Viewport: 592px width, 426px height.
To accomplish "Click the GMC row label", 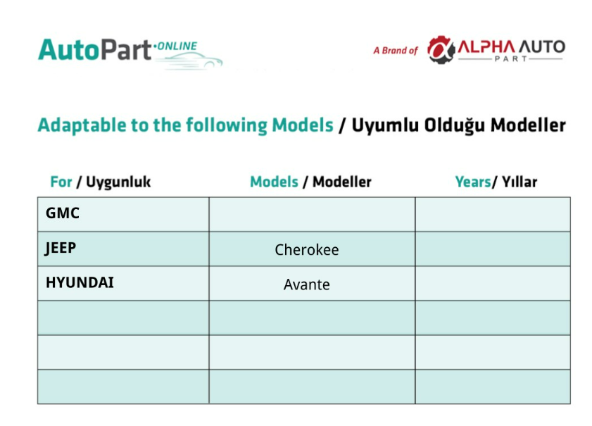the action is pyautogui.click(x=62, y=213).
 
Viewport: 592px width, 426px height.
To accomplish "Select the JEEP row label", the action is pyautogui.click(x=61, y=248).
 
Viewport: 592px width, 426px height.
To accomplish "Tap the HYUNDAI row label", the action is pyautogui.click(x=80, y=282).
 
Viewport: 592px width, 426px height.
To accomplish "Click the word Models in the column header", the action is pyautogui.click(x=274, y=182).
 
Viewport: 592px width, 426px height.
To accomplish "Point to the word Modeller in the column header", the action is pyautogui.click(x=342, y=182).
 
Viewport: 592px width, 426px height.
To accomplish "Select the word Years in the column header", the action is pyautogui.click(x=473, y=182).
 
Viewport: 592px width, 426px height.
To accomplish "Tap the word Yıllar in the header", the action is pyautogui.click(x=519, y=182).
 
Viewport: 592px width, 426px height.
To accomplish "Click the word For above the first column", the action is pyautogui.click(x=61, y=182).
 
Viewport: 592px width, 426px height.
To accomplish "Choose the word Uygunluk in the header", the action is pyautogui.click(x=118, y=182).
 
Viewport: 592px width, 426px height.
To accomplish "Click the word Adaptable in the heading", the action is pyautogui.click(x=82, y=125).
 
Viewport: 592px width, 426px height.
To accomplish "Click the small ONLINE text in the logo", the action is pyautogui.click(x=177, y=46).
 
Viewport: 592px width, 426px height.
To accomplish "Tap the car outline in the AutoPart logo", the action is pyautogui.click(x=194, y=61).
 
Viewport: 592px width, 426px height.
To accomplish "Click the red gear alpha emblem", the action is pyautogui.click(x=441, y=49).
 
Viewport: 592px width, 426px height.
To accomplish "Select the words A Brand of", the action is pyautogui.click(x=396, y=51).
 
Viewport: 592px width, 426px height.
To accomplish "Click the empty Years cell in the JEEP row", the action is pyautogui.click(x=493, y=249).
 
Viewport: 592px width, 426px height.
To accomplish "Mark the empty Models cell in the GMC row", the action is pyautogui.click(x=313, y=214).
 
